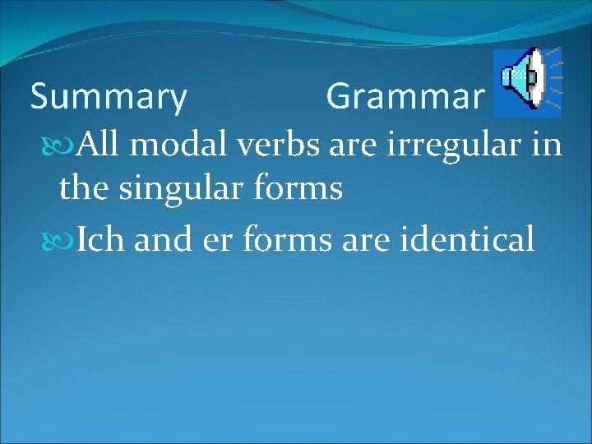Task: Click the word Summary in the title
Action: coord(109,98)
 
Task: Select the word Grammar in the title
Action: coord(405,98)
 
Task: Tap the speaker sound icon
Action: coord(527,81)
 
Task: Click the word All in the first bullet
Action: coord(99,146)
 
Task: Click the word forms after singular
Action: coord(298,189)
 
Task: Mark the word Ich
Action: coord(102,240)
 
